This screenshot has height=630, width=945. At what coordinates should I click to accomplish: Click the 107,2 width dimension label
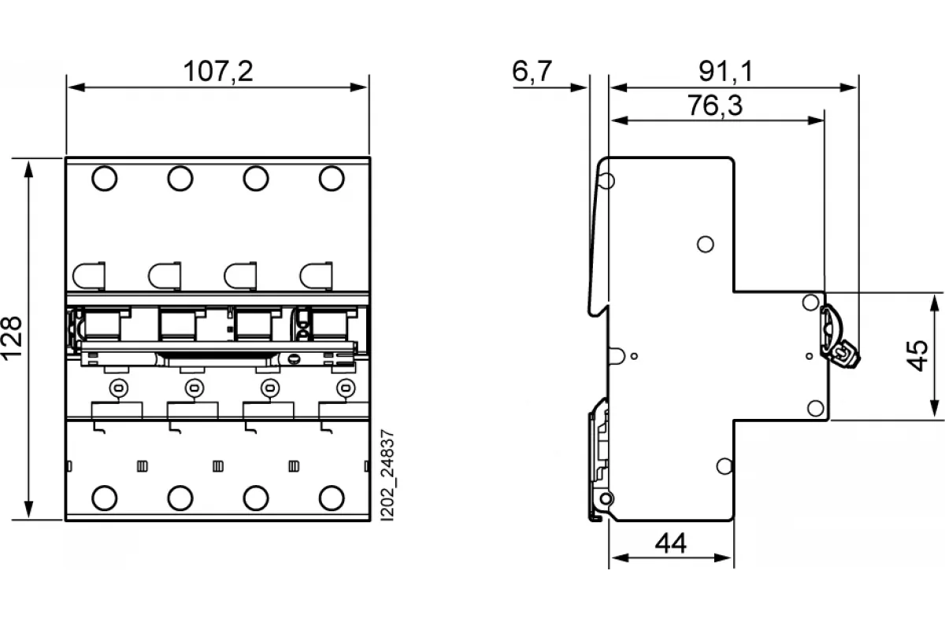(218, 71)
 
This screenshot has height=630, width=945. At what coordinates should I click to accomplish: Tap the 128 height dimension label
(11, 338)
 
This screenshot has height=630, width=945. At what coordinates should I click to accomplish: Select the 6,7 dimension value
(532, 71)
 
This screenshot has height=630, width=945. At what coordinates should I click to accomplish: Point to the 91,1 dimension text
(725, 71)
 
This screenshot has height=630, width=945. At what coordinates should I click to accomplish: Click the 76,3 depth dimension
(715, 105)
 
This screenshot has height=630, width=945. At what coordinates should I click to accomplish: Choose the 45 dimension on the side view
(917, 356)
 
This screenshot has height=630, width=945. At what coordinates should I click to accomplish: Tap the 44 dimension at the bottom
(671, 543)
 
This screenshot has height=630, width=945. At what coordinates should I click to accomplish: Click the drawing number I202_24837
(387, 475)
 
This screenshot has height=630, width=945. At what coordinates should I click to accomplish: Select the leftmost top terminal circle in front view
(104, 179)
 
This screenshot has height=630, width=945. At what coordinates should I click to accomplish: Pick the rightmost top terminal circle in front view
(332, 179)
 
